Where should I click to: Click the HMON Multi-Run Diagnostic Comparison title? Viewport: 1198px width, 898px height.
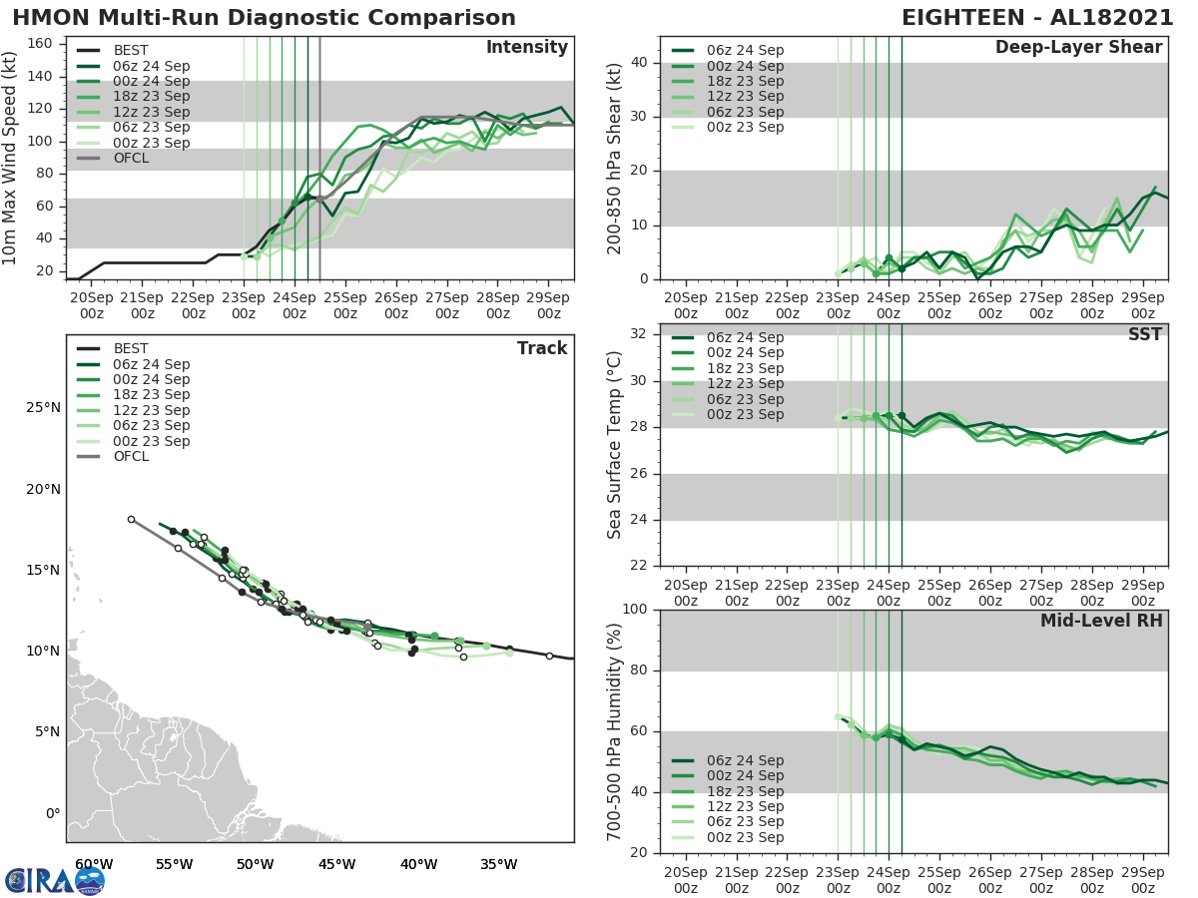pos(264,18)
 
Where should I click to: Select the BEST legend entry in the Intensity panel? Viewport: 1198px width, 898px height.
pos(131,50)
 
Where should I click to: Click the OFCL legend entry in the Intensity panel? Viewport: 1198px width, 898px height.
pos(131,158)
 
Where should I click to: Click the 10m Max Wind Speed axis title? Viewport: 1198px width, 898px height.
pos(11,160)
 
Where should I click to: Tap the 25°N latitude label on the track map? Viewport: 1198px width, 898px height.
pos(41,408)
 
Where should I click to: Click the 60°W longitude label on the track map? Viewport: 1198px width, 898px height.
pos(93,864)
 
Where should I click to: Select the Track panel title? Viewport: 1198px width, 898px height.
pos(541,348)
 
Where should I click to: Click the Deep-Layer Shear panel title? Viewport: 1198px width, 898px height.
pos(1078,48)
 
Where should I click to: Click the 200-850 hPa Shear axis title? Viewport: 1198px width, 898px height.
pos(615,158)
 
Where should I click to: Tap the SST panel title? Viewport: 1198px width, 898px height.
pos(1144,334)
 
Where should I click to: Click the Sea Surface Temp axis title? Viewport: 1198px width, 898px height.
pos(615,444)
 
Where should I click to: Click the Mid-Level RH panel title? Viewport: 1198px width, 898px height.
pos(1101,621)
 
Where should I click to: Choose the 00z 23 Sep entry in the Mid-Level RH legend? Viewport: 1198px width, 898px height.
pos(745,837)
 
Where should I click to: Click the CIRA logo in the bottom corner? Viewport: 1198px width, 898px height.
pos(55,880)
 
